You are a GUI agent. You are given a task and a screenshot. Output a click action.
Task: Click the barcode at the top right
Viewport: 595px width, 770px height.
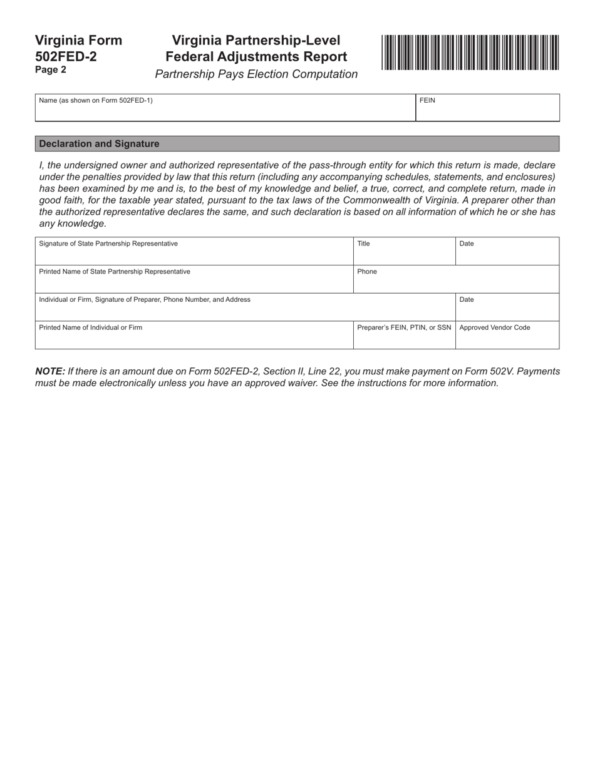tap(470, 53)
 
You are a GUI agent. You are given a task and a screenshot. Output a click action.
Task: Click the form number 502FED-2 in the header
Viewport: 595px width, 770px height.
tap(66, 56)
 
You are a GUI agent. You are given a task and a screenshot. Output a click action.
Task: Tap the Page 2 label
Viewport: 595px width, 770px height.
tap(51, 70)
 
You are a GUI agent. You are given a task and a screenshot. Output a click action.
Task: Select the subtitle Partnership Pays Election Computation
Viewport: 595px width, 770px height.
tap(256, 74)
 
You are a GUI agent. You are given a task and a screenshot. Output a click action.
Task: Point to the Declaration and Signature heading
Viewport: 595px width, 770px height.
tap(99, 144)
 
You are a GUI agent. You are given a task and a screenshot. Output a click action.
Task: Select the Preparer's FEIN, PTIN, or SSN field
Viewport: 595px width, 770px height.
tap(404, 338)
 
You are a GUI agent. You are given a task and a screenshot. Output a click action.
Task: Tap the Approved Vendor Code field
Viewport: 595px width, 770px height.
tap(507, 338)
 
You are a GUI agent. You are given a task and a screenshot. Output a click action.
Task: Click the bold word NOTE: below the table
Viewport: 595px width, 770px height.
tap(50, 371)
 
